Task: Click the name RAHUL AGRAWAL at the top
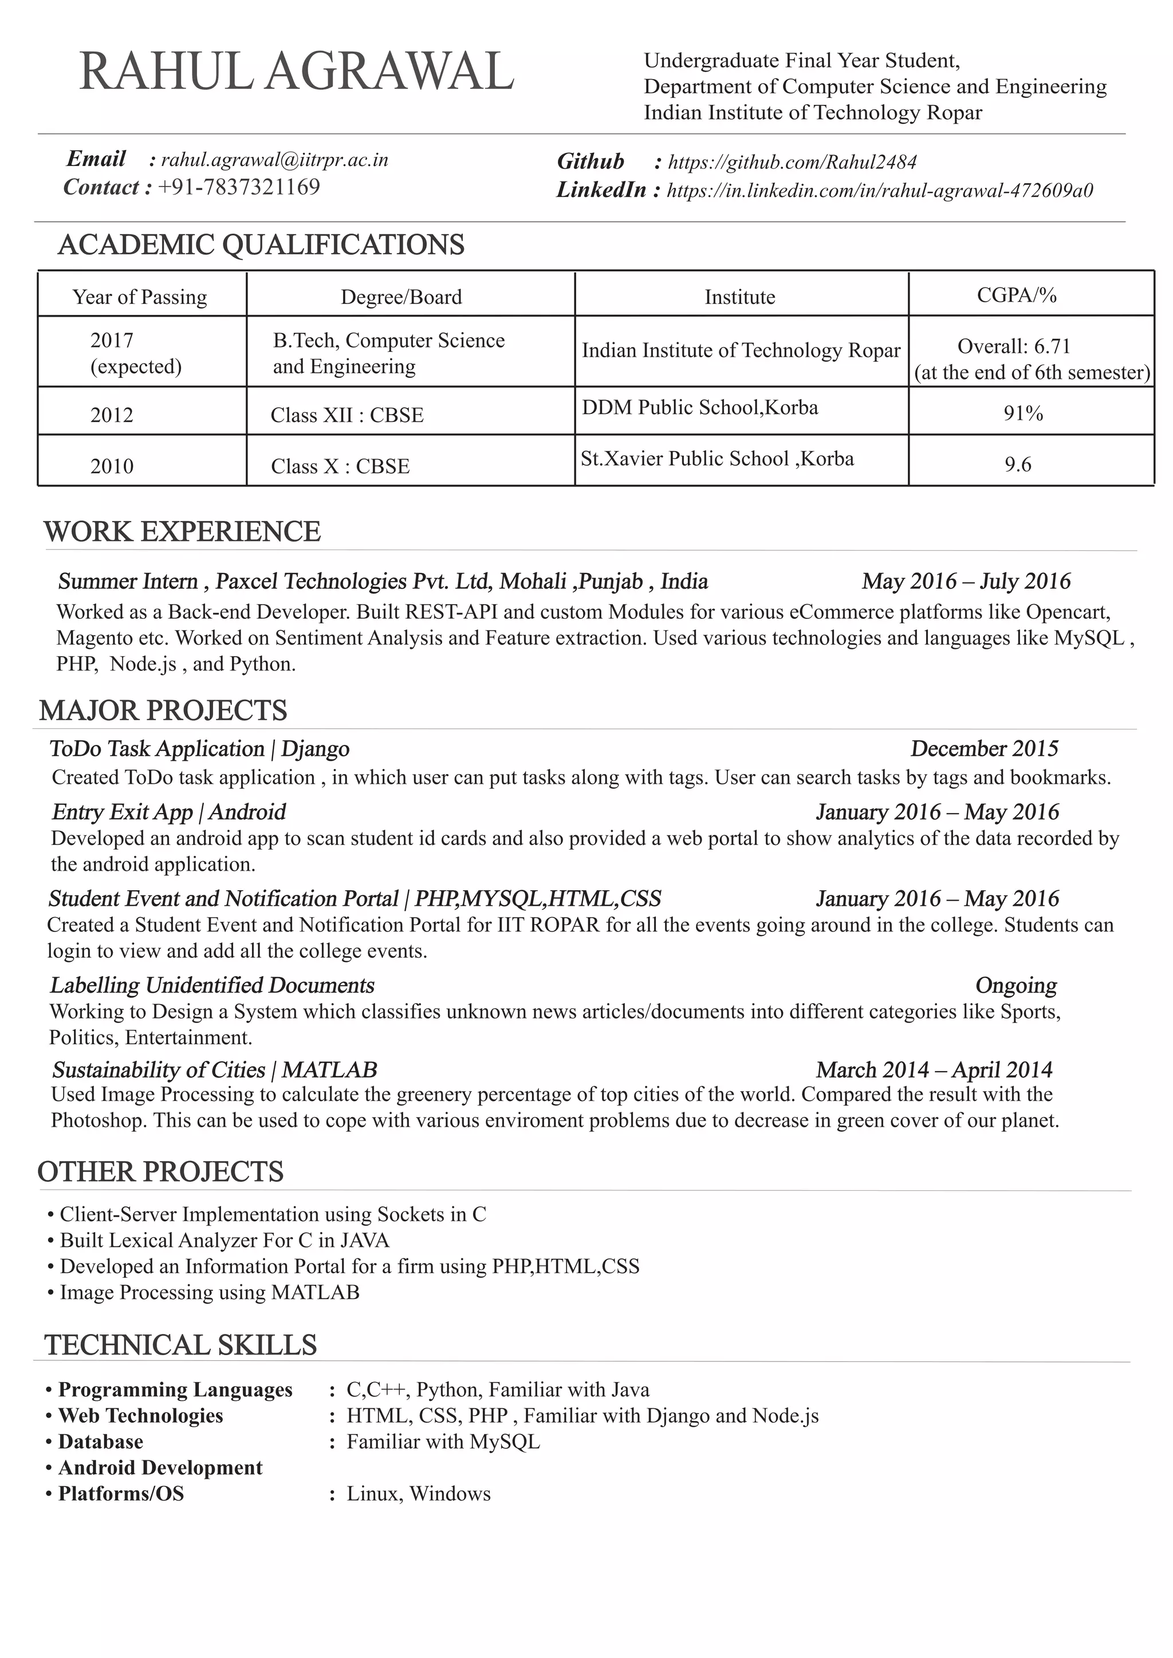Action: (x=296, y=73)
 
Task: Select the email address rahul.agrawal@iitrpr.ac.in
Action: (x=274, y=160)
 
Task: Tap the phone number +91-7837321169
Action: (x=239, y=188)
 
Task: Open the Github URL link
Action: (x=792, y=162)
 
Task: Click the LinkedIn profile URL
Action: (x=879, y=191)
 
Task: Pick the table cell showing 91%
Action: (x=1023, y=414)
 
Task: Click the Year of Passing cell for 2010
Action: (x=112, y=467)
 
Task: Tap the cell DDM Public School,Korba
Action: (x=700, y=408)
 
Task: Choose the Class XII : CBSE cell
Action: (x=347, y=415)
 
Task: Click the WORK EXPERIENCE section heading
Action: (x=182, y=532)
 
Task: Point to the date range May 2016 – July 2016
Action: (x=966, y=581)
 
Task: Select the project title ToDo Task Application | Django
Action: (x=199, y=749)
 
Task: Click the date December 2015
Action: (x=984, y=749)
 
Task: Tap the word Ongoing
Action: (x=1015, y=986)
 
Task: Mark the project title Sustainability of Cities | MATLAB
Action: (x=215, y=1069)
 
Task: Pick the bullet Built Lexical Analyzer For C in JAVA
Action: (x=224, y=1241)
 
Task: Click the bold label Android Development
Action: (x=160, y=1467)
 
